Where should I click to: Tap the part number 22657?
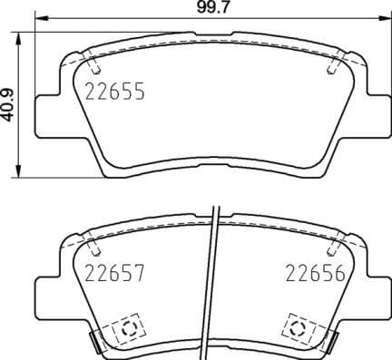click(114, 272)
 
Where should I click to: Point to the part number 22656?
click(315, 272)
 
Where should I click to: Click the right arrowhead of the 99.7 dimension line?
click(380, 22)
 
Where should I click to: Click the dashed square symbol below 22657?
click(126, 327)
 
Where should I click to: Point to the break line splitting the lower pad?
click(212, 281)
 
